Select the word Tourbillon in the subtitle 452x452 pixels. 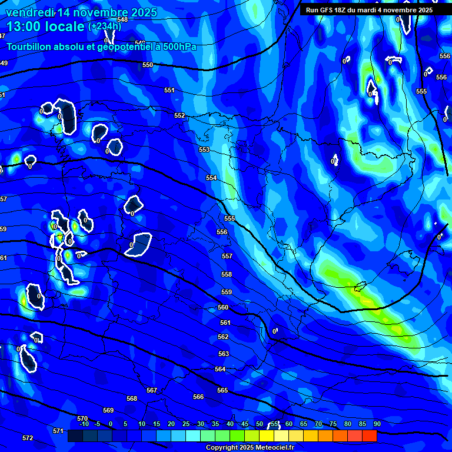tap(30, 46)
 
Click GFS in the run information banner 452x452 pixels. tap(328, 10)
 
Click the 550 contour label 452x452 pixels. tap(148, 65)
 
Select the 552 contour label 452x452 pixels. tap(180, 116)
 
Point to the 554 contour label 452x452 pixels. tap(211, 178)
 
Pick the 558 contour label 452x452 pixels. tap(227, 275)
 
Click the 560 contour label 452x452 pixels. tap(223, 308)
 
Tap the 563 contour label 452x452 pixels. tap(223, 354)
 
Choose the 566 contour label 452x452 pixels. tap(198, 397)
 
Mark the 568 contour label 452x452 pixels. tap(132, 399)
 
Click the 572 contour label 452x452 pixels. tap(28, 438)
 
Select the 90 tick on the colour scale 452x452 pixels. tap(377, 424)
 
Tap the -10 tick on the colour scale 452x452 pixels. tap(84, 424)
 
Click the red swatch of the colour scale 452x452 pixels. tap(369, 436)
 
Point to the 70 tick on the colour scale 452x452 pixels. tap(318, 424)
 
